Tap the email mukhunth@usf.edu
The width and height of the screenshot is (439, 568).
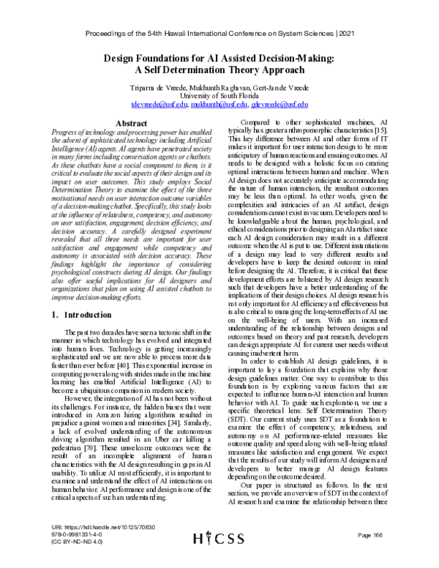(x=219, y=105)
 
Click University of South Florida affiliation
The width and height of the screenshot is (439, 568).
(x=219, y=96)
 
